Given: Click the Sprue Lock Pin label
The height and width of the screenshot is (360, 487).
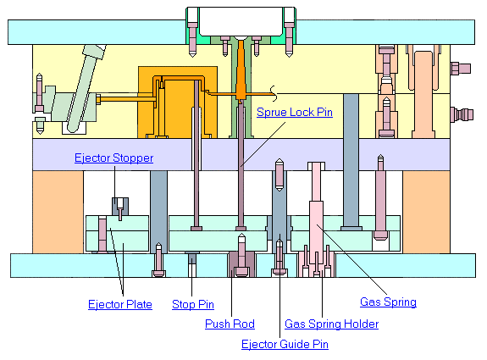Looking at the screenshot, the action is [x=295, y=112].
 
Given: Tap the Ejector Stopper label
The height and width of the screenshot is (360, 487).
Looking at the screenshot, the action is [x=113, y=158].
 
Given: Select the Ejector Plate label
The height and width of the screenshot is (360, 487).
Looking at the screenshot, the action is [x=120, y=304].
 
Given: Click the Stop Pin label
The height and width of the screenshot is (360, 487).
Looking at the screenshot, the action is [x=193, y=304].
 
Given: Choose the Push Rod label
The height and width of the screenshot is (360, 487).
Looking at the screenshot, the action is [x=230, y=324].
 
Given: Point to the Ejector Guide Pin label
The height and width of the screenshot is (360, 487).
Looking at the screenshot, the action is [x=285, y=344].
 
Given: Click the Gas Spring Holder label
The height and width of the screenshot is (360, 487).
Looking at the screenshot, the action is [x=331, y=324].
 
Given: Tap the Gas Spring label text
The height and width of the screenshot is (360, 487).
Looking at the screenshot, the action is [x=388, y=302].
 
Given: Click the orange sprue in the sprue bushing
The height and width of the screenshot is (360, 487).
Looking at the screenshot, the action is [x=241, y=71].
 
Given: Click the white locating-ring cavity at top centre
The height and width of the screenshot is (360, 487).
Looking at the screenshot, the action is [x=241, y=21].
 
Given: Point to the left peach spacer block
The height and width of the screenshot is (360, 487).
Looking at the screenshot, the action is [x=58, y=212].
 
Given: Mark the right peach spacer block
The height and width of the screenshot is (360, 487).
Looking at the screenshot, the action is [x=426, y=212].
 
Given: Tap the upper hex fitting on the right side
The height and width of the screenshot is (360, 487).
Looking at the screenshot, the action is [x=460, y=69].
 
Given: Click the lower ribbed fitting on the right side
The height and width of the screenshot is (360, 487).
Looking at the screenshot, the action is [x=462, y=114].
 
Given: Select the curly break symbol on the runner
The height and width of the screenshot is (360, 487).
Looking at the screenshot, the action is [x=274, y=93].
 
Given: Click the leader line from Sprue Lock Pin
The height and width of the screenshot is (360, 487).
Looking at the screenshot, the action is [x=263, y=145].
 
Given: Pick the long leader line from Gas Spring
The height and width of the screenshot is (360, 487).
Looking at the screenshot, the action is [x=351, y=259].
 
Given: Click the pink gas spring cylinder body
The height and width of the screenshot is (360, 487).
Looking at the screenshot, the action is [x=316, y=232].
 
